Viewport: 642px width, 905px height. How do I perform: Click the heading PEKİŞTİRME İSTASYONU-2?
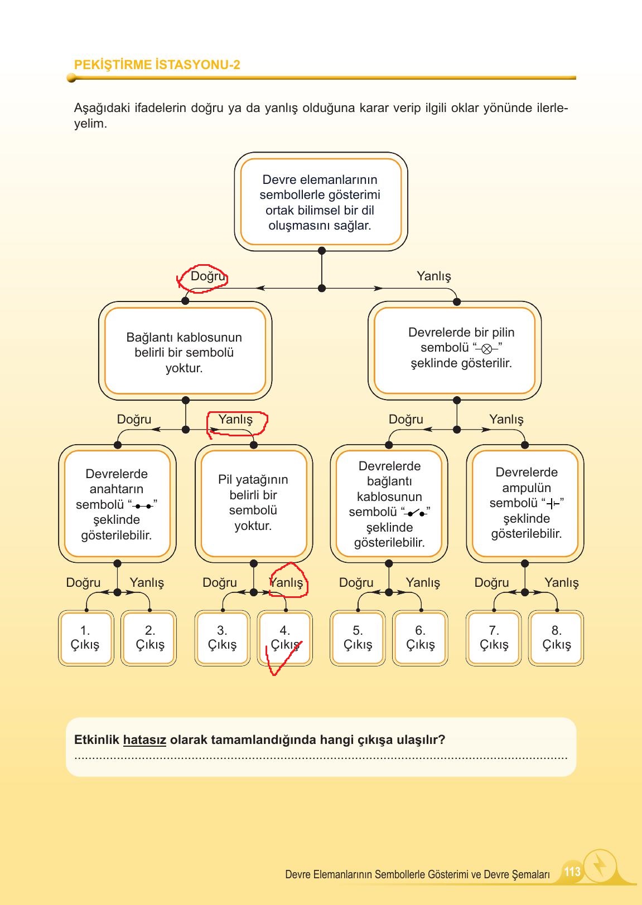[x=157, y=65]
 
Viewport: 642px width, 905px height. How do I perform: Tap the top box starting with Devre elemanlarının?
[x=320, y=202]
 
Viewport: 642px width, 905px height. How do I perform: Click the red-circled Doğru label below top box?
[x=207, y=276]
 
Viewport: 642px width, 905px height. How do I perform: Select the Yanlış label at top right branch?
[x=433, y=276]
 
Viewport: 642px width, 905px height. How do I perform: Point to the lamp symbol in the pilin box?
[x=486, y=349]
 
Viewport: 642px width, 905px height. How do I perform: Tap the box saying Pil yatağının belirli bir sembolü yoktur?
[x=253, y=503]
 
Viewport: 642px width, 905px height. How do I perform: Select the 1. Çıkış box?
[x=85, y=638]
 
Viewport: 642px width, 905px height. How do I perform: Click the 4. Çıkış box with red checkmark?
[x=285, y=638]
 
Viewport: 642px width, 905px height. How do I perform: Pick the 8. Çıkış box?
[x=556, y=638]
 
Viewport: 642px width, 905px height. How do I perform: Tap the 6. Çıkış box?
[x=420, y=638]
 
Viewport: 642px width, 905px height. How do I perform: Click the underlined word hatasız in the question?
[x=144, y=740]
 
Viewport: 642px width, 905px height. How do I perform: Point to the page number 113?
[x=572, y=872]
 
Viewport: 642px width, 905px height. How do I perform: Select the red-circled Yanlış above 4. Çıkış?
[x=287, y=582]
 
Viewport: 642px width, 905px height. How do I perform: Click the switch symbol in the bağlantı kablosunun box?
[x=416, y=513]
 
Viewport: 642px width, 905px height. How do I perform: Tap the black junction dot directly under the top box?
[x=321, y=251]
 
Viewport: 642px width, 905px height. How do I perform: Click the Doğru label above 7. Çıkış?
[x=491, y=582]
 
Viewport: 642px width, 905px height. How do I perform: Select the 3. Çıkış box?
[x=222, y=638]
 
